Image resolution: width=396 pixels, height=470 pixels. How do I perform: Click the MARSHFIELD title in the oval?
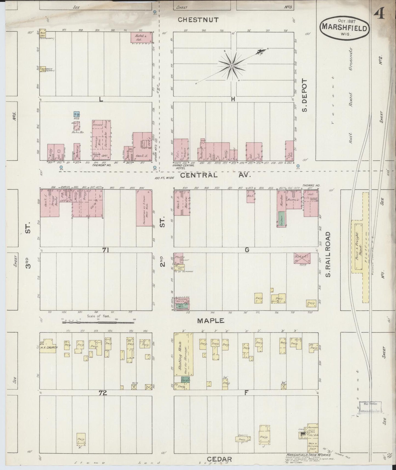[344, 27]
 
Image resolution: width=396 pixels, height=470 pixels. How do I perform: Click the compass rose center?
[232, 66]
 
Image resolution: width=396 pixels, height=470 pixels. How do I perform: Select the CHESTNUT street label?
[198, 20]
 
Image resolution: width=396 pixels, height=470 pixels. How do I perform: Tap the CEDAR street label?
[220, 459]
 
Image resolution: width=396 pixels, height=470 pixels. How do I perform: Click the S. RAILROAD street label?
[328, 254]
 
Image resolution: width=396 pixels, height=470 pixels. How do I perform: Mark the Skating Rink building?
[184, 354]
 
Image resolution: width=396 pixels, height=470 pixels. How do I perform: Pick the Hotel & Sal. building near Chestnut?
[141, 37]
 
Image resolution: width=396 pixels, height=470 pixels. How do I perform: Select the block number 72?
[103, 393]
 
